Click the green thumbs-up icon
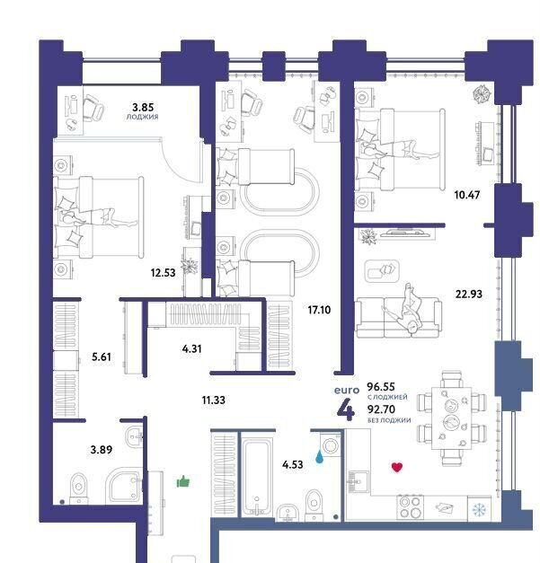(183, 481)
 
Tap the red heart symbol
(396, 467)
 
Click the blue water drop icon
(319, 457)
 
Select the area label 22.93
(469, 294)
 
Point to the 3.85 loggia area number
(143, 107)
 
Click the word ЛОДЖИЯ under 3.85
(142, 117)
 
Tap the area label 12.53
(164, 273)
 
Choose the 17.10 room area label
(319, 310)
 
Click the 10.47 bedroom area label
(467, 195)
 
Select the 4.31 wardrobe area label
(192, 348)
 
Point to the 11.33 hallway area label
(214, 400)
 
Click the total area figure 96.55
(381, 387)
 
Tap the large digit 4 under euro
(346, 409)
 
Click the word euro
(347, 391)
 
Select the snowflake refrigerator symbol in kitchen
(479, 509)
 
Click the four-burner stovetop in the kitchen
(410, 506)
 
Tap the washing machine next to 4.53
(331, 445)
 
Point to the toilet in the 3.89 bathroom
(78, 489)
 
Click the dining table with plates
(452, 418)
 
